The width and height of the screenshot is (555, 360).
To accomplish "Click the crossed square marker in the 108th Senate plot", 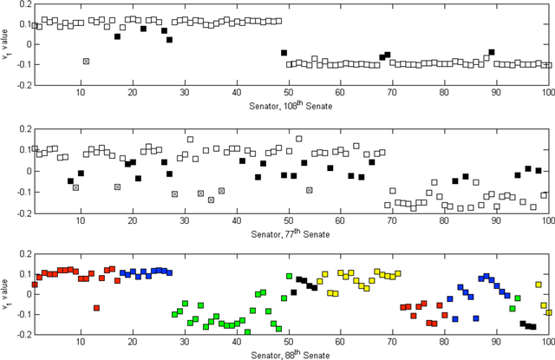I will pos(86,61).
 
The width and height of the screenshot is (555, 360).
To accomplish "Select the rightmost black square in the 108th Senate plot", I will pos(492,53).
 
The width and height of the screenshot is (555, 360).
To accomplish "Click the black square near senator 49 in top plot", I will pos(284,53).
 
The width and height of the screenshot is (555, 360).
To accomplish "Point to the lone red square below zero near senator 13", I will pos(96,308).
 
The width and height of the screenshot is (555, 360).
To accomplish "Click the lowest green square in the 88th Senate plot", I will pos(247,332).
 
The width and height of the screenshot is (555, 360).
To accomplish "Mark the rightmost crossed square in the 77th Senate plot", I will pos(309,190).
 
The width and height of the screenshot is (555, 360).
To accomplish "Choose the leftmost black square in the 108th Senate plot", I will pos(117,36).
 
